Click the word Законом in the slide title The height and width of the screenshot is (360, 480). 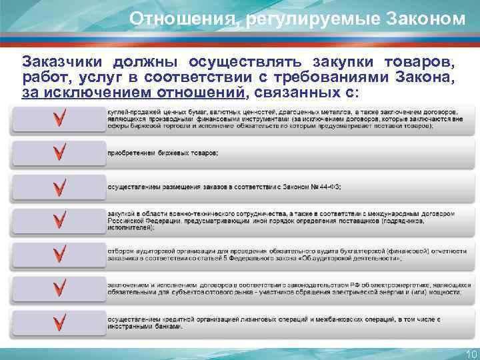[x=427, y=19]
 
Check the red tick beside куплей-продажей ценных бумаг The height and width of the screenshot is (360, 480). [x=60, y=119]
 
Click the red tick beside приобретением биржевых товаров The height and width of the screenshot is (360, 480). [x=60, y=153]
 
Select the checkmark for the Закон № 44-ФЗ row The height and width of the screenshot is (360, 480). [x=60, y=187]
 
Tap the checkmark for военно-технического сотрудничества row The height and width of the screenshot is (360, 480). [x=60, y=220]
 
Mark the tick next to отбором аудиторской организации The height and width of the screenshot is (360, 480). [x=60, y=254]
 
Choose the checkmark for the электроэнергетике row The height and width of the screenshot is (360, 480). [x=60, y=287]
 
